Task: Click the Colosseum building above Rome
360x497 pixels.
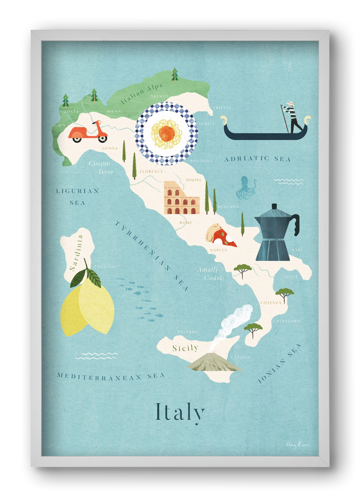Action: tap(181, 198)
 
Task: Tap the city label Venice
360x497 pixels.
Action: tap(207, 124)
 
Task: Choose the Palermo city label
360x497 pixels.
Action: tap(188, 332)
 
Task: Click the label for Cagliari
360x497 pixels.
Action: tap(105, 266)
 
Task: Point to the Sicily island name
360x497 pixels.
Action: tap(185, 348)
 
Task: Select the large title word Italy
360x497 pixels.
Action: tap(180, 413)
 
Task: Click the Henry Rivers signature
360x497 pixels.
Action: tap(297, 445)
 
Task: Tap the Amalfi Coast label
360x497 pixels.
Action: tap(210, 274)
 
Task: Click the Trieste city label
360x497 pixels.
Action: tap(222, 108)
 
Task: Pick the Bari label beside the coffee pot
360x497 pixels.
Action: tap(297, 250)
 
